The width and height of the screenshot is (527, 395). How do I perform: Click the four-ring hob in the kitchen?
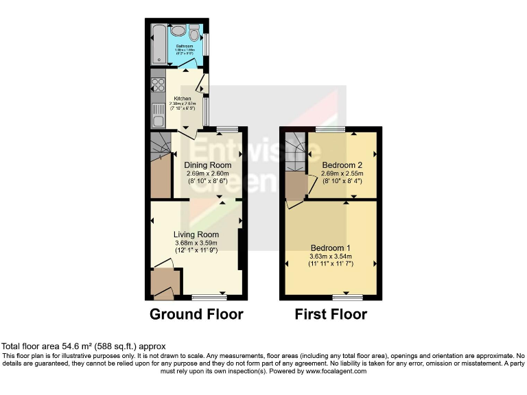pos(157,86)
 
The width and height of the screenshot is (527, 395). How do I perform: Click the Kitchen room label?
pos(182,99)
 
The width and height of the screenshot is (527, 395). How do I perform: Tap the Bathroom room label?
pos(183,46)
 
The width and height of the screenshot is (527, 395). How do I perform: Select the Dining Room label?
pos(207,165)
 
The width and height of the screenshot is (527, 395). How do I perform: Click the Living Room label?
pos(196,235)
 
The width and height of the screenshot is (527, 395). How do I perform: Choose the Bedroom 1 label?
pos(331,248)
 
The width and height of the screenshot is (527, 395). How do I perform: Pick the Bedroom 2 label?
pos(342,165)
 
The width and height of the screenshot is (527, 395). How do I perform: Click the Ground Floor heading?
pos(196,315)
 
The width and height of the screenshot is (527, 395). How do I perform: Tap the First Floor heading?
pos(331,315)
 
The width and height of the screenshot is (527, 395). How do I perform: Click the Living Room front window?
pos(208,298)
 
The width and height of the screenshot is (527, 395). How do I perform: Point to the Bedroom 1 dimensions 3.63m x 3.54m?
pos(331,257)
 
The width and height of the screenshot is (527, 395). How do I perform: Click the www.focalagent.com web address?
pos(336,371)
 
